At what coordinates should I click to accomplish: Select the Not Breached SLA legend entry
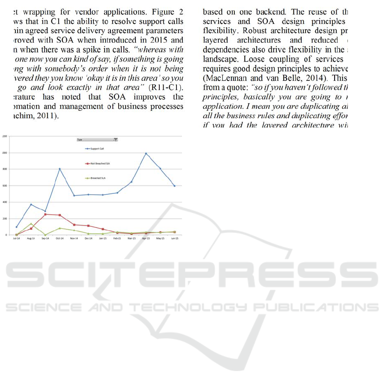click(99, 163)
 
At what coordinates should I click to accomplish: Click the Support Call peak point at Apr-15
click(146, 153)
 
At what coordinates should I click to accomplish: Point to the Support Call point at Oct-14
click(60, 169)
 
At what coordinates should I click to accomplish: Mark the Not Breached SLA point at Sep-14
click(45, 214)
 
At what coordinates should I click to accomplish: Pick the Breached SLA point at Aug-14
click(31, 223)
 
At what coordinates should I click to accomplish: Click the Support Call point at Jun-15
click(174, 186)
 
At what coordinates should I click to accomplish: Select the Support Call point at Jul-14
click(17, 227)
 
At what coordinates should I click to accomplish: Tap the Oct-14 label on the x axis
click(60, 238)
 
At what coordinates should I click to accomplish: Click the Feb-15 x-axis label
click(117, 238)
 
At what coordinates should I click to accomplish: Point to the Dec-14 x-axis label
click(88, 238)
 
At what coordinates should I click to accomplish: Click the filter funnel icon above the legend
click(116, 140)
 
